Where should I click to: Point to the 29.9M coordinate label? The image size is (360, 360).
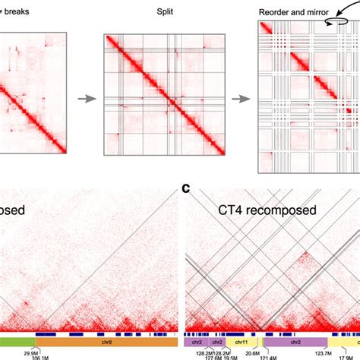click(32, 352)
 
